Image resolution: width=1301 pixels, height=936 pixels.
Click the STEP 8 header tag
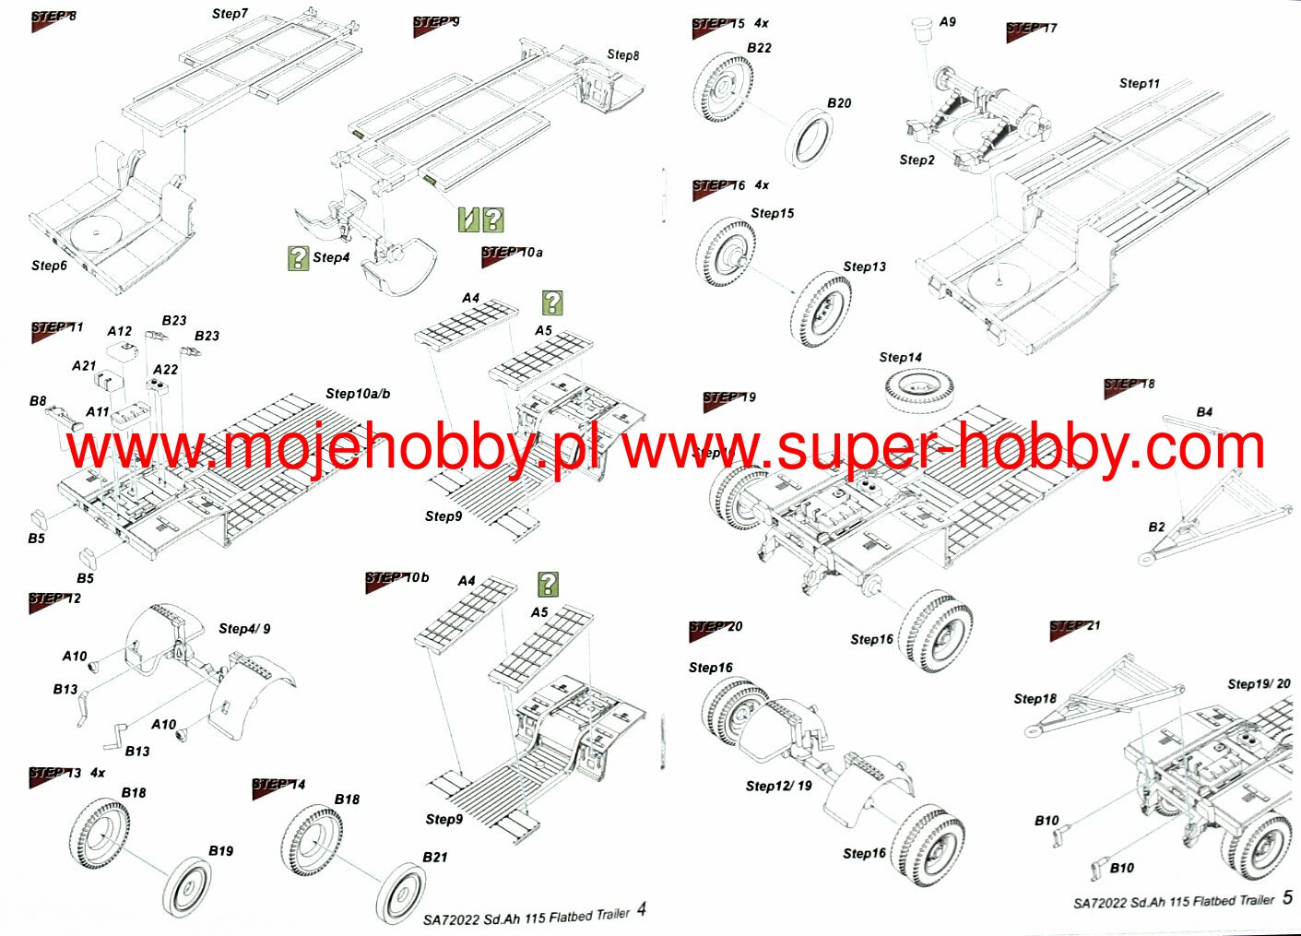tap(53, 18)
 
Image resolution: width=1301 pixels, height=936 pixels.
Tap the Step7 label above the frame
tap(230, 14)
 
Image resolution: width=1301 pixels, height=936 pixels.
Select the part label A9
tap(948, 22)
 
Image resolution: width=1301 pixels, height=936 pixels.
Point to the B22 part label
tap(759, 48)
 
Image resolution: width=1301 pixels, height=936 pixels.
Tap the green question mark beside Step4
tap(298, 258)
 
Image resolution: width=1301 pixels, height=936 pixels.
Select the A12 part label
tap(119, 331)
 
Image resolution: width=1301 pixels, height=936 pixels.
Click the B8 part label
tap(38, 401)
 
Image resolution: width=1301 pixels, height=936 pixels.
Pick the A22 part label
tap(165, 370)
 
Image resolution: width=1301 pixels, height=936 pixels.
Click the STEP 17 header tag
tap(1031, 30)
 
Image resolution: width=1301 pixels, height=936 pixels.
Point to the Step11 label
tap(1140, 84)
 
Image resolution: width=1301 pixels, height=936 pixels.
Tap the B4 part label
tap(1204, 412)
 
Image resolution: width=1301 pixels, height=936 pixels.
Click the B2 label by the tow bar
tap(1156, 527)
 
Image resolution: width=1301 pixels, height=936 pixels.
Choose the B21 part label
tap(434, 858)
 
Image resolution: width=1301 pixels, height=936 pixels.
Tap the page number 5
tap(1287, 897)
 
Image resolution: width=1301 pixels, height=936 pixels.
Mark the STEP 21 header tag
tap(1074, 628)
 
